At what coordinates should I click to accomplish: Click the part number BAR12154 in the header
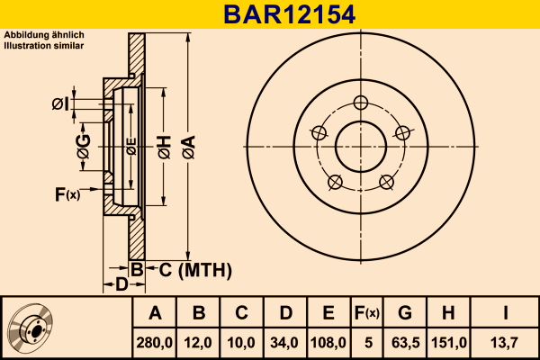click(289, 14)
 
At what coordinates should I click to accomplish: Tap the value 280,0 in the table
click(154, 343)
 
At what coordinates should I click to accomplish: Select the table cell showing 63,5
click(405, 343)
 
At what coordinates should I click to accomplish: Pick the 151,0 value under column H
click(449, 343)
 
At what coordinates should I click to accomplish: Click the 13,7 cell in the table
click(504, 343)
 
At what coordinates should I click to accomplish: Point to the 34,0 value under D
click(284, 343)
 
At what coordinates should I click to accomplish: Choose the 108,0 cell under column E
click(328, 343)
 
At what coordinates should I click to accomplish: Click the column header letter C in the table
click(241, 313)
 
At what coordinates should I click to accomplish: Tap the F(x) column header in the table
click(367, 313)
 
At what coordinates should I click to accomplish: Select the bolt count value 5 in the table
click(368, 343)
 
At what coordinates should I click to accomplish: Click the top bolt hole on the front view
click(361, 103)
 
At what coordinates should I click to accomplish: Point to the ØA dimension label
click(189, 147)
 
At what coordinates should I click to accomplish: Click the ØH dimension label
click(165, 147)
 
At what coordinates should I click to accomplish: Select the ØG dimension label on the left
click(84, 147)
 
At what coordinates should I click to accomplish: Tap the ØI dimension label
click(60, 103)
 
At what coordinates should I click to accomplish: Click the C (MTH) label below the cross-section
click(195, 270)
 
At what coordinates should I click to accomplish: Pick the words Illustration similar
click(44, 46)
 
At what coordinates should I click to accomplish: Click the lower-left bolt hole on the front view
click(335, 182)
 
